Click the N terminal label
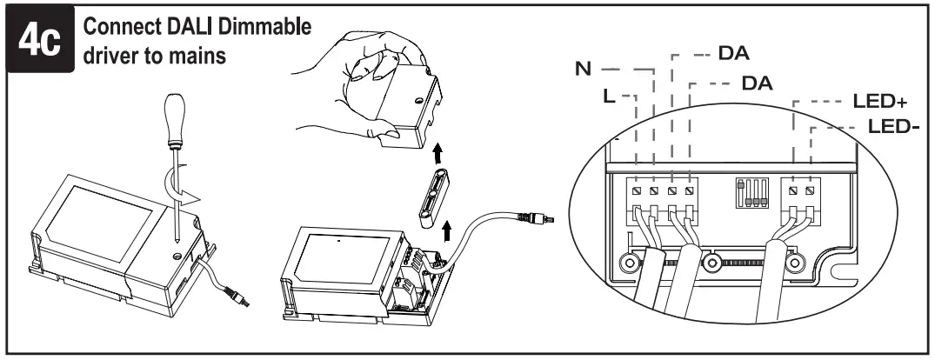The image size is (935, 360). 583,67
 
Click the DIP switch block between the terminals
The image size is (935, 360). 749,193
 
